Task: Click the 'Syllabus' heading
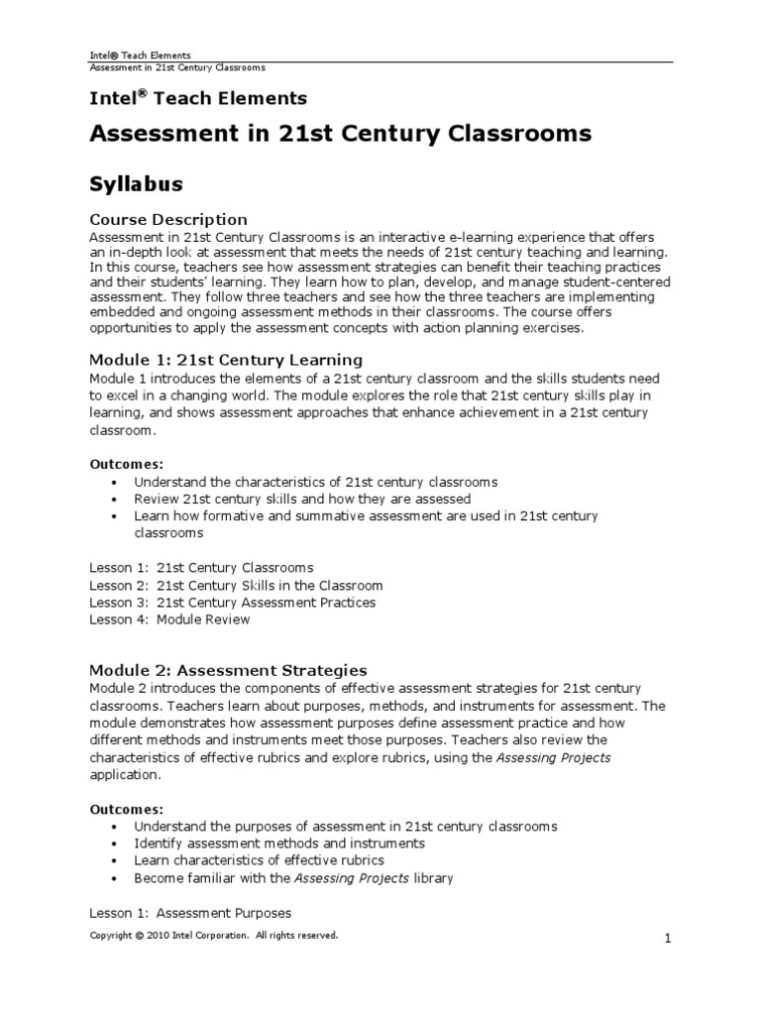(136, 183)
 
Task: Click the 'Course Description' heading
(168, 219)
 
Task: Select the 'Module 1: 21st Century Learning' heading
(226, 359)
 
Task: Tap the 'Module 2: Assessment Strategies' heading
(229, 670)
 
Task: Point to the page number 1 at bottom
(669, 942)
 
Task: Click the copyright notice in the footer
(214, 935)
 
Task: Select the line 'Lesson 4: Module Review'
(169, 620)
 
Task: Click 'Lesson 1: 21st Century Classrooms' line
(201, 568)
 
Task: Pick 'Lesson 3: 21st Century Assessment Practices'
(233, 603)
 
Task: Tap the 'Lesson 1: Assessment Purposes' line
(190, 912)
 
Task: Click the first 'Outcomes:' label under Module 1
(127, 464)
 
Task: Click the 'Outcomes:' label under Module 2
(127, 809)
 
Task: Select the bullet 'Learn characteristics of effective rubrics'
(259, 860)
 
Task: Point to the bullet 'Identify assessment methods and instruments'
(266, 844)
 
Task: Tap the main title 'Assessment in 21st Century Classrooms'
(341, 133)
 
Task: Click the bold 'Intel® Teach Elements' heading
(198, 98)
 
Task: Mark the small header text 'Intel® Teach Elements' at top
(141, 56)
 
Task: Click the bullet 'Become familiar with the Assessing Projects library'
(293, 878)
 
